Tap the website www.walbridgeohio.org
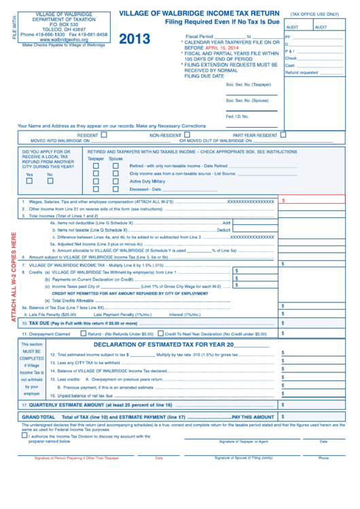point(64,40)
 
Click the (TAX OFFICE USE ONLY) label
point(314,14)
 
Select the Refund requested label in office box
point(302,73)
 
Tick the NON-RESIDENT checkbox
point(185,135)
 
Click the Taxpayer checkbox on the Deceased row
point(96,190)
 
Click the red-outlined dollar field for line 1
point(312,201)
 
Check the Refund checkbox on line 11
point(84,334)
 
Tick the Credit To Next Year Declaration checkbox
point(160,334)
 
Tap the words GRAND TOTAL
point(38,417)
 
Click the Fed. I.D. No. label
point(237,116)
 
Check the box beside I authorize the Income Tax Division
point(24,436)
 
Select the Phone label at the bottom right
point(323,458)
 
